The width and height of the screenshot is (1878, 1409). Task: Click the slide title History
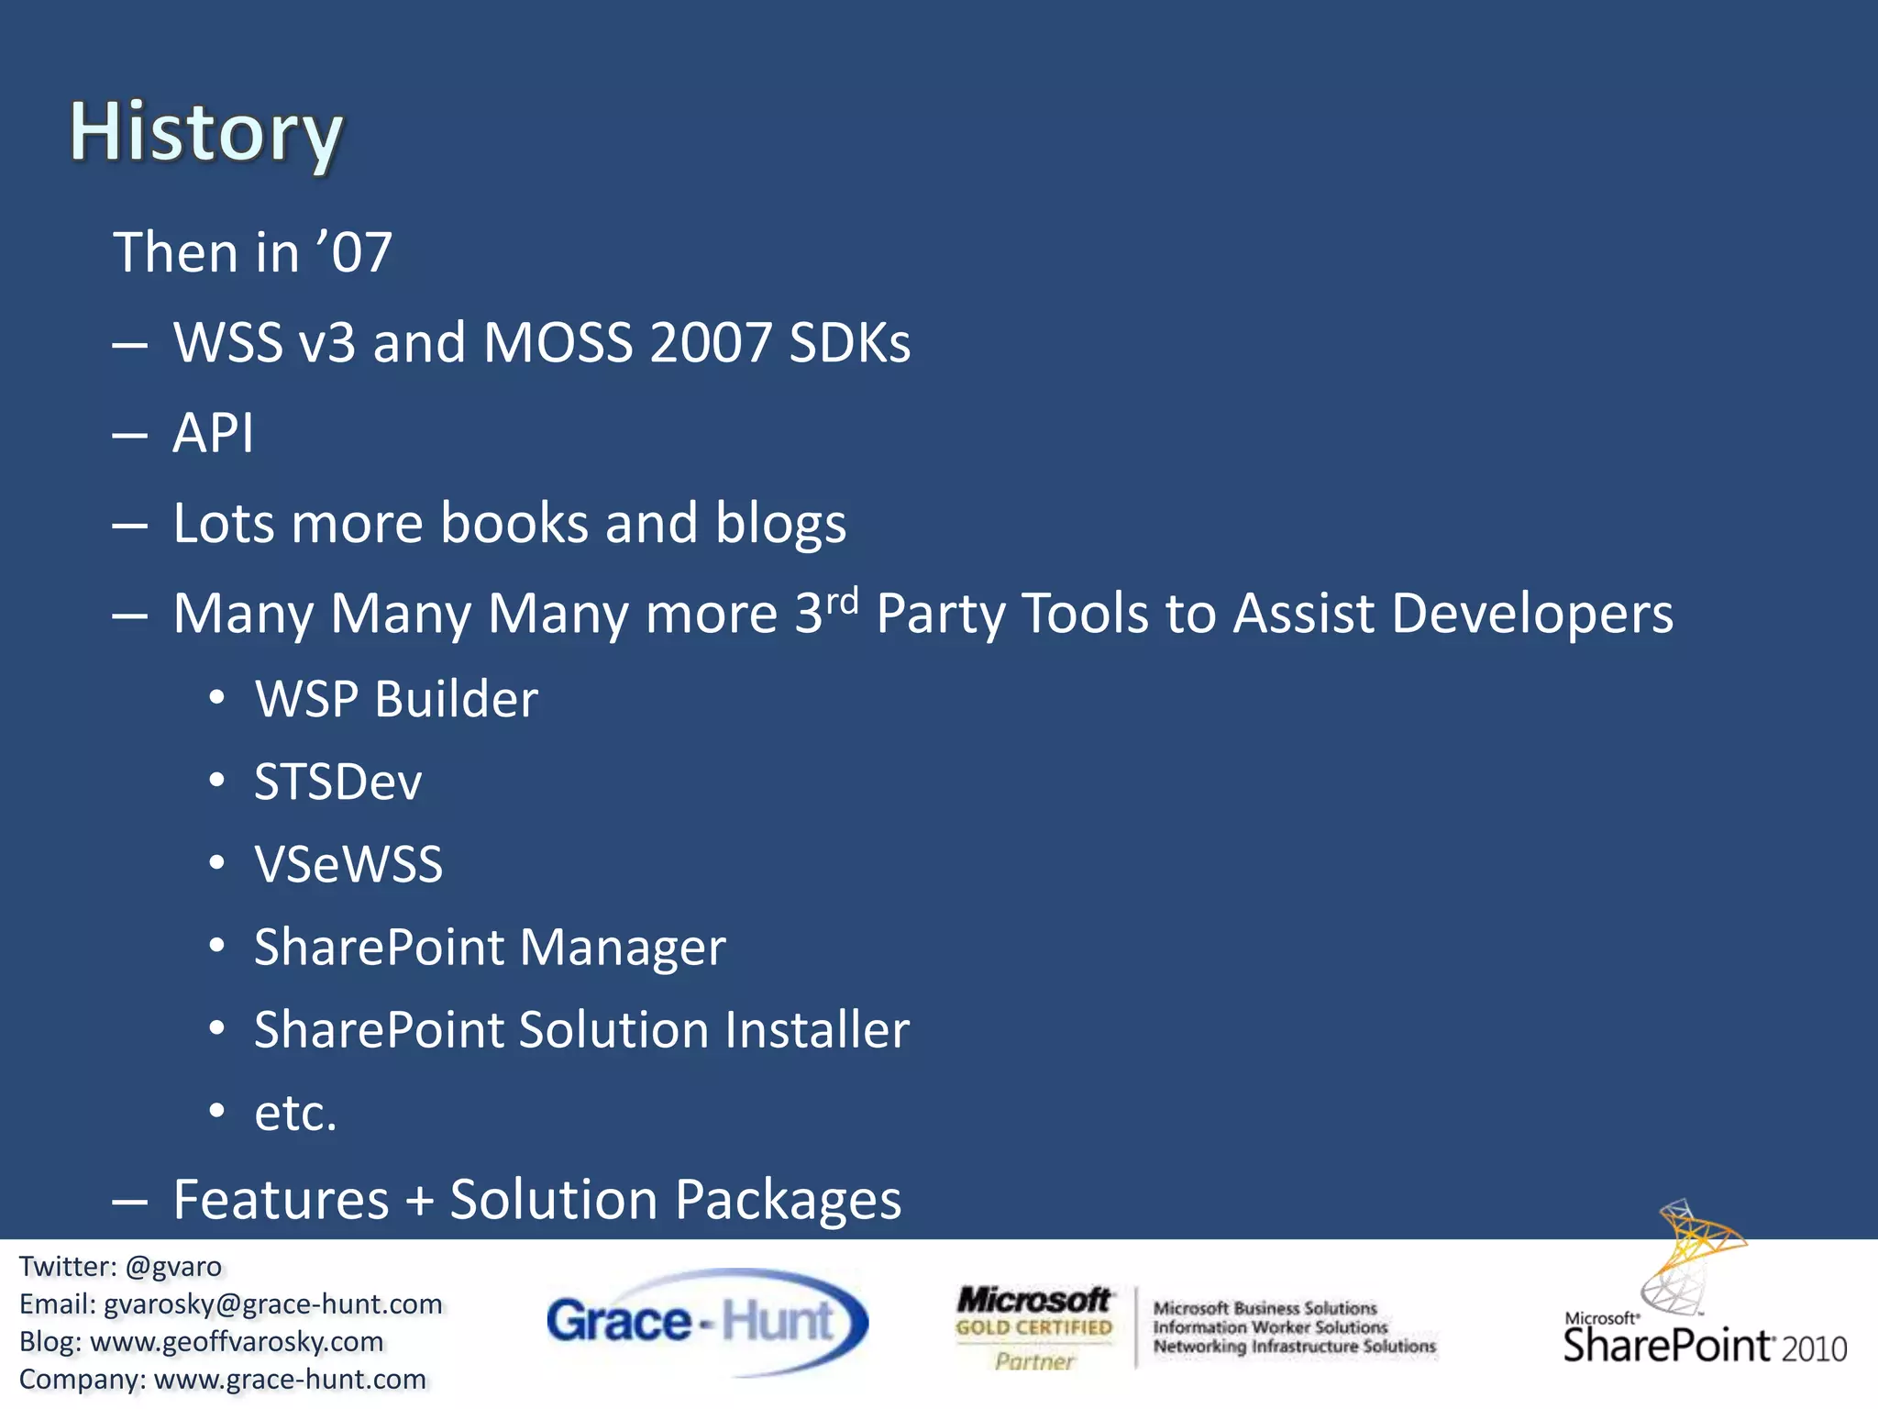pyautogui.click(x=206, y=133)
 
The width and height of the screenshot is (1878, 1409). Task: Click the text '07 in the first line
pyautogui.click(x=354, y=252)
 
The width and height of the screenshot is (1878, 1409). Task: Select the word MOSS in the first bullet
pyautogui.click(x=558, y=343)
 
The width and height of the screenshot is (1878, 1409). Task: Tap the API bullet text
pyautogui.click(x=213, y=433)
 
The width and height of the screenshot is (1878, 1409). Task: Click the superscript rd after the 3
pyautogui.click(x=842, y=601)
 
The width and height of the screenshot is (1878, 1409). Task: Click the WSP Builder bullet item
pyautogui.click(x=396, y=699)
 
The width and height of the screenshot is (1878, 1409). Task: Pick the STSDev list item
pyautogui.click(x=337, y=782)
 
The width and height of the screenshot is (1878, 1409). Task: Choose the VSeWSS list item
pyautogui.click(x=348, y=865)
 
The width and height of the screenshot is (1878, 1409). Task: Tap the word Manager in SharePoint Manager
pyautogui.click(x=623, y=947)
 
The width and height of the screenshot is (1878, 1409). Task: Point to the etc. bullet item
pyautogui.click(x=295, y=1113)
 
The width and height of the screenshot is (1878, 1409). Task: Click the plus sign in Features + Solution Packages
pyautogui.click(x=419, y=1200)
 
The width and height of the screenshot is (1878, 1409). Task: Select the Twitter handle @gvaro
pyautogui.click(x=173, y=1267)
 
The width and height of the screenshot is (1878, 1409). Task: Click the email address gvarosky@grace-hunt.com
pyautogui.click(x=272, y=1304)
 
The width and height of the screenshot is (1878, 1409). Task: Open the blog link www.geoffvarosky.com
pyautogui.click(x=237, y=1342)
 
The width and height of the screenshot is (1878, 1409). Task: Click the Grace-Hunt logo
pyautogui.click(x=706, y=1322)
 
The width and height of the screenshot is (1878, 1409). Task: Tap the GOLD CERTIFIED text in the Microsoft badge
pyautogui.click(x=1033, y=1327)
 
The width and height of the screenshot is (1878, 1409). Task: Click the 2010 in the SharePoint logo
pyautogui.click(x=1813, y=1349)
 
